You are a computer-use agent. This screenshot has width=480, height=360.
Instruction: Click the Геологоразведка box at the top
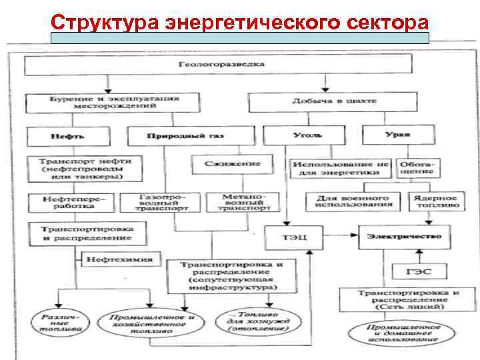[x=221, y=65]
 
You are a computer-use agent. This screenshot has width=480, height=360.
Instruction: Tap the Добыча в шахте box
[x=334, y=101]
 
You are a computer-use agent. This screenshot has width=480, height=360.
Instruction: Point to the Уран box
[x=397, y=135]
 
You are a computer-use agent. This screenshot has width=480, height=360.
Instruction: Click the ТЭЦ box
[x=295, y=237]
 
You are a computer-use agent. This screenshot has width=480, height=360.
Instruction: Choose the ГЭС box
[x=419, y=271]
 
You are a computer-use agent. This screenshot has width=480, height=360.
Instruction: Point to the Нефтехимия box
[x=120, y=259]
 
